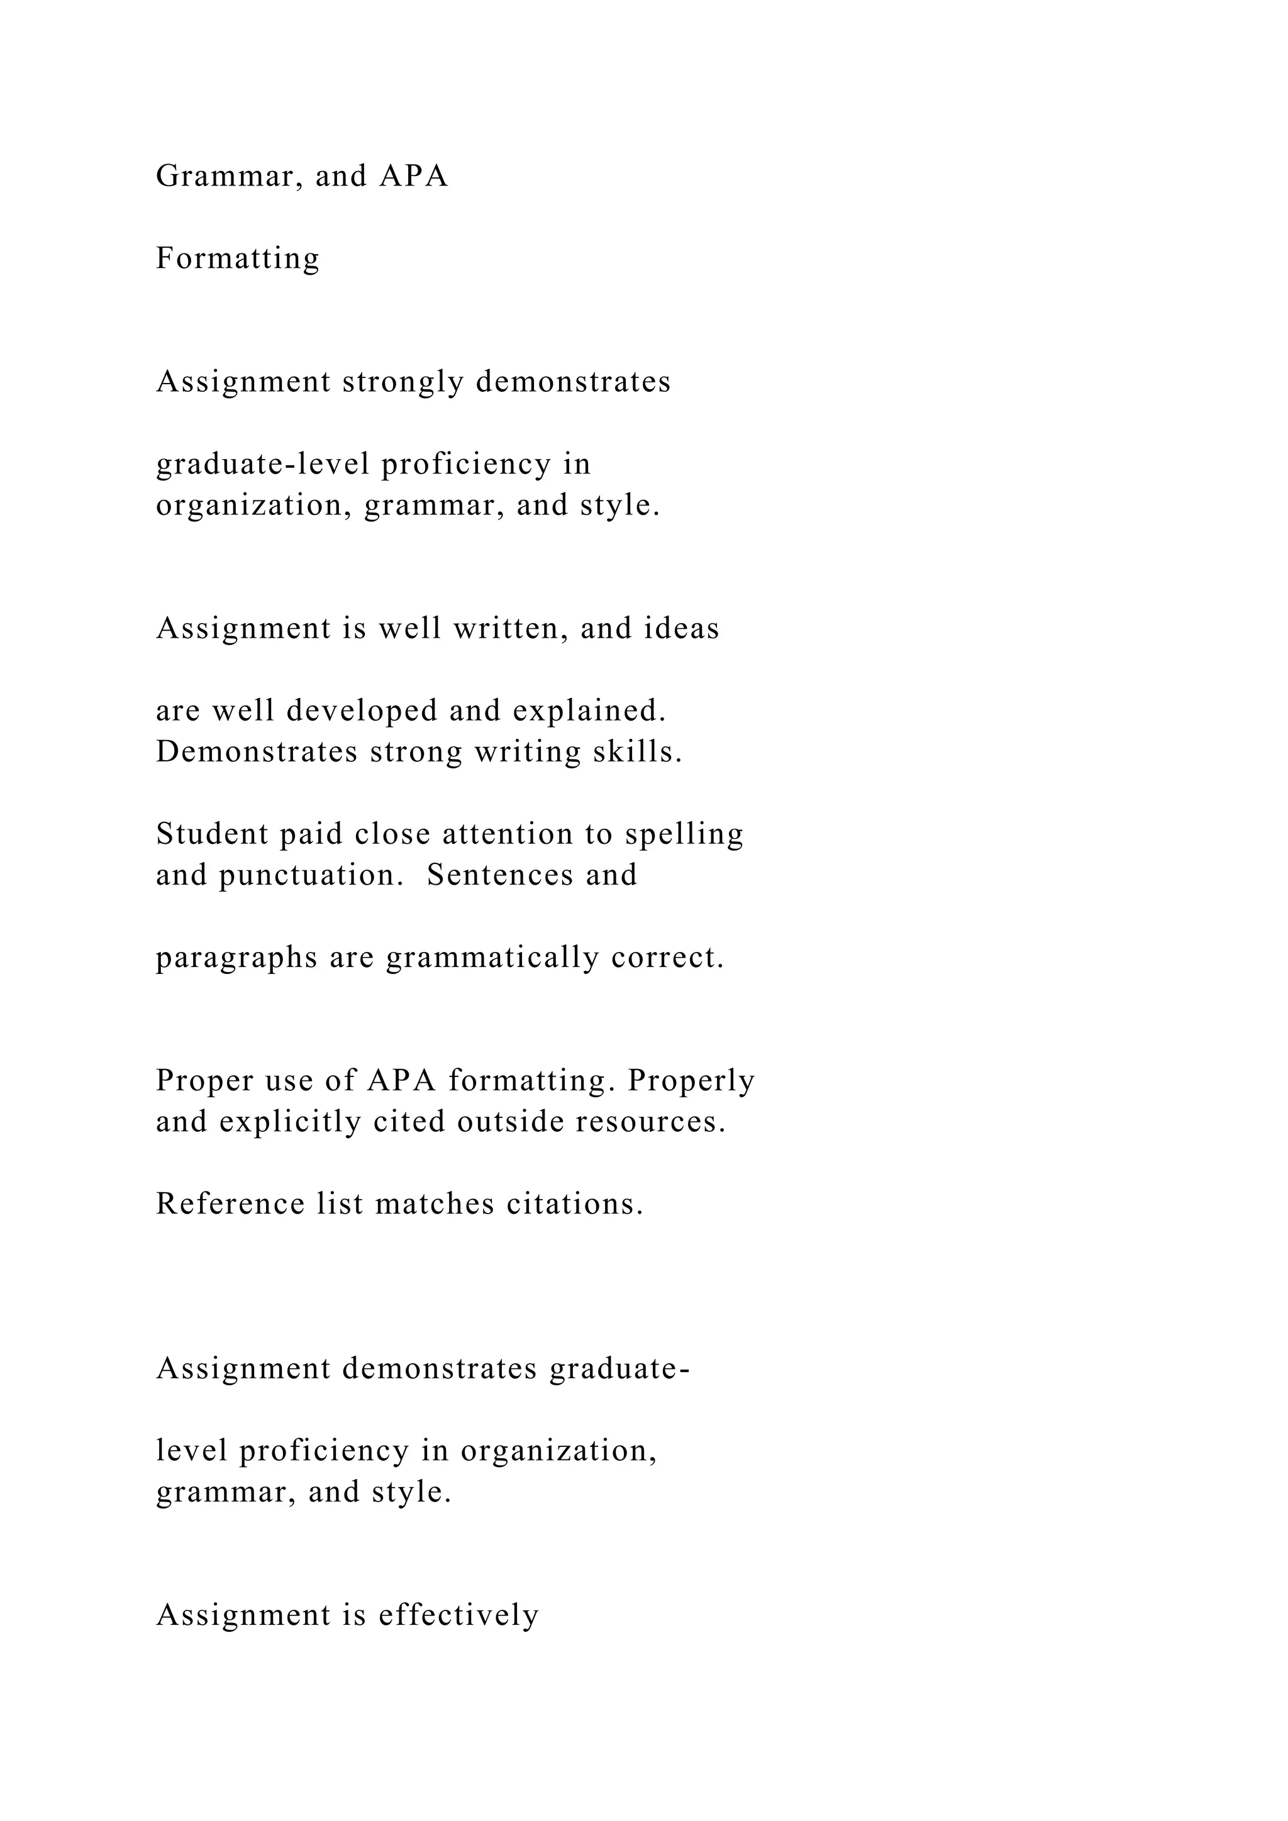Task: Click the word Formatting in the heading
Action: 237,258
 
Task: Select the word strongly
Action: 403,382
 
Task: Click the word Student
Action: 212,834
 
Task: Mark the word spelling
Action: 684,834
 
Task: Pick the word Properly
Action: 690,1081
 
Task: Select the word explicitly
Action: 291,1122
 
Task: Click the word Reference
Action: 230,1205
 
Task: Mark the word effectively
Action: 458,1615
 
